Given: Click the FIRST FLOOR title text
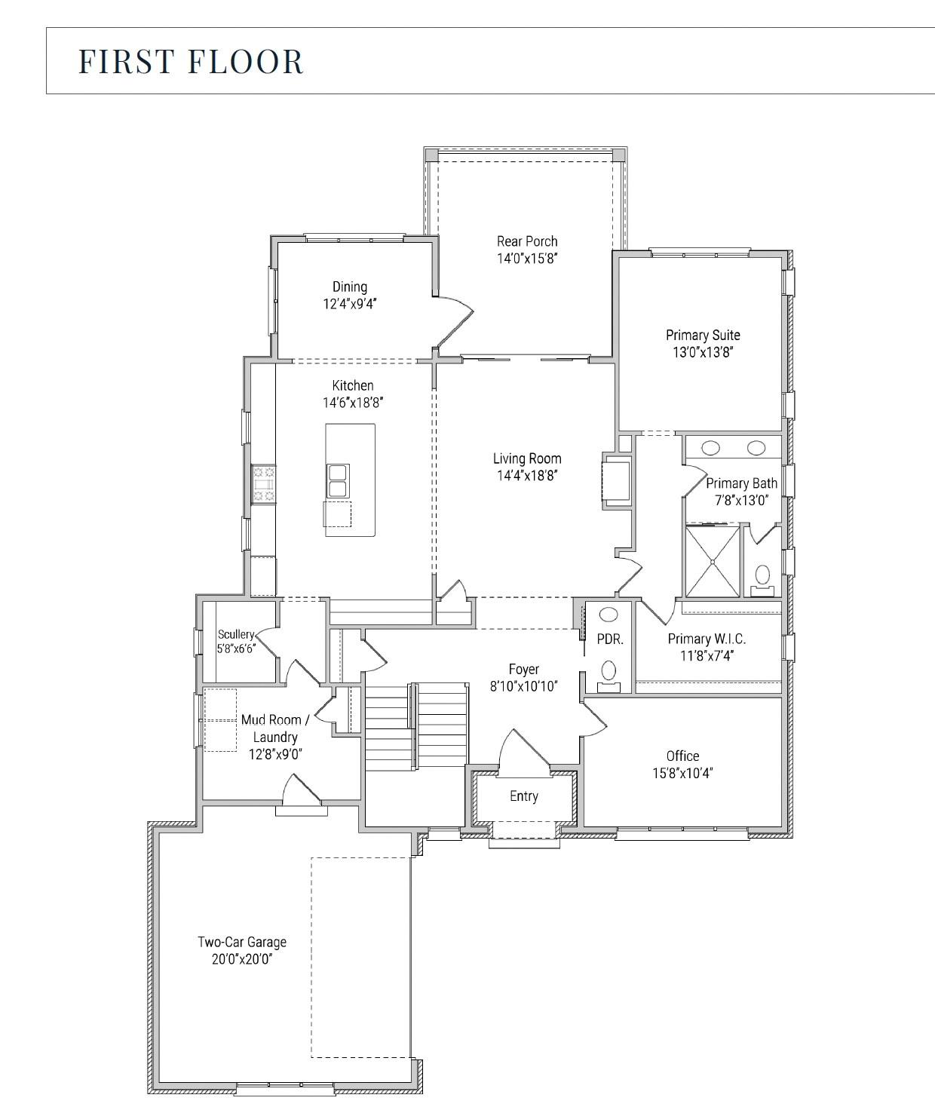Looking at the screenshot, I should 191,61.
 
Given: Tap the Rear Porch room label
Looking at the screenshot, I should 527,241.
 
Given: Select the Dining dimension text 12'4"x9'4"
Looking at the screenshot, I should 350,304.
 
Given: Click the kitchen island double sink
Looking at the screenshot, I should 337,480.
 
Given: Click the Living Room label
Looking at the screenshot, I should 527,458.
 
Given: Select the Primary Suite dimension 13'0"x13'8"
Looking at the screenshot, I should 703,352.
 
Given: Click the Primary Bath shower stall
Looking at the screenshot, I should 712,562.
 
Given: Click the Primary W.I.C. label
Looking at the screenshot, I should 707,639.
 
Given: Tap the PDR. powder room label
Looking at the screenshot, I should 610,639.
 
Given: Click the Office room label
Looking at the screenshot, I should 682,756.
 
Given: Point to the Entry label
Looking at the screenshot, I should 524,796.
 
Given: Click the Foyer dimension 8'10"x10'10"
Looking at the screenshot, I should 523,686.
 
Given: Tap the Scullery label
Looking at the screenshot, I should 236,634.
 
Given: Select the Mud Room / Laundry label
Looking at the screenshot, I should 274,728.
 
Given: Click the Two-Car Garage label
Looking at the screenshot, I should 242,942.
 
